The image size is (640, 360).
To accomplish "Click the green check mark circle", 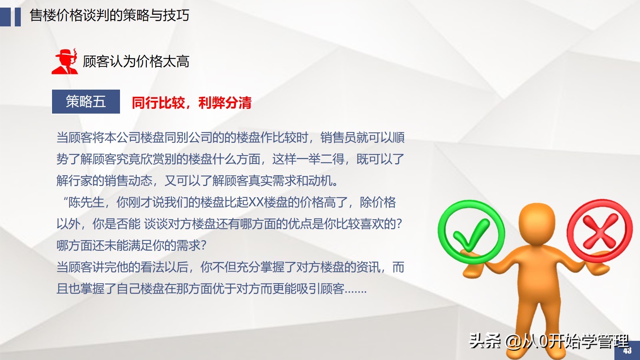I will click(471, 232).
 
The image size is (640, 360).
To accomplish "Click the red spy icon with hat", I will click(65, 62).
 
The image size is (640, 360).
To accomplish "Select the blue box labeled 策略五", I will click(86, 102).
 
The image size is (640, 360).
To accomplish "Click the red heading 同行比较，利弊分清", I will click(192, 103).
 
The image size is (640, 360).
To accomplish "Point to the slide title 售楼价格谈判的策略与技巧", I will click(109, 16).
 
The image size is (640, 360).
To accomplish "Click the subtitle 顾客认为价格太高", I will click(136, 62).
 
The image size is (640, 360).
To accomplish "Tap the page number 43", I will click(627, 351).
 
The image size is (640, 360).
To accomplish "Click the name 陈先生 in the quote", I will click(86, 202).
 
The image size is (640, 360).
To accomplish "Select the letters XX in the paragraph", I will click(256, 202).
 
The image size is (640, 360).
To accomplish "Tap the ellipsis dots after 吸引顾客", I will click(356, 289).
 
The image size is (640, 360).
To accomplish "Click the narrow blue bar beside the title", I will click(18, 17).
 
